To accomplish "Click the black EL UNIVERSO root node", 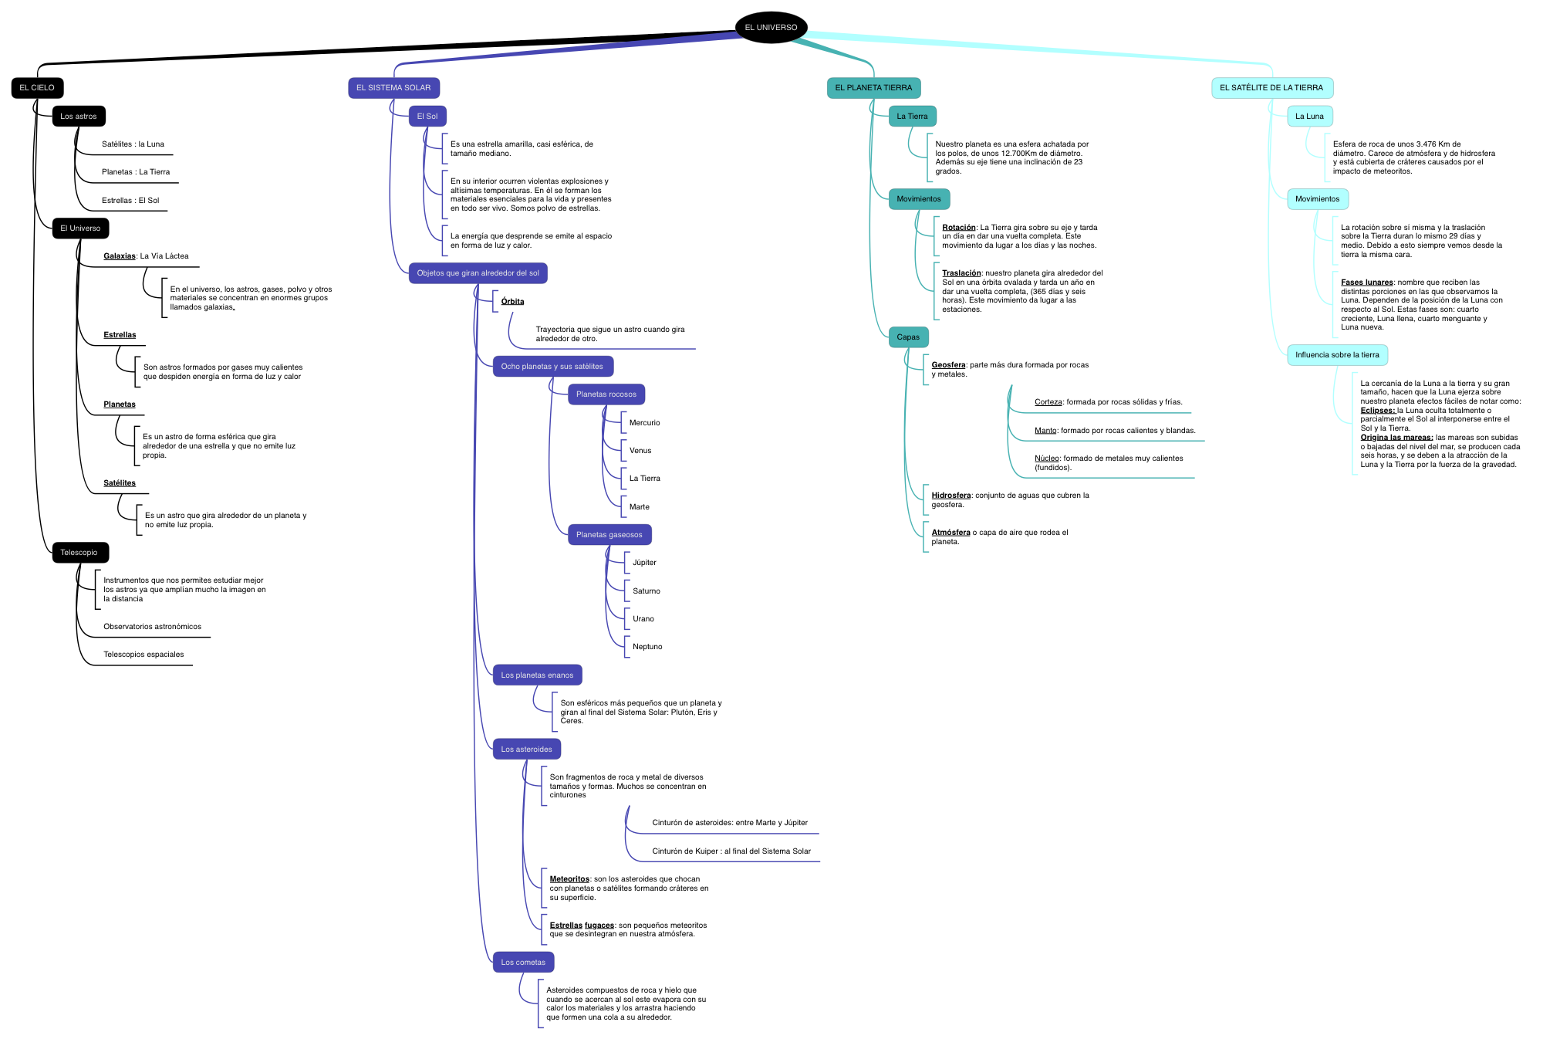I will click(x=771, y=28).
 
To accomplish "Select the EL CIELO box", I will click(x=37, y=88).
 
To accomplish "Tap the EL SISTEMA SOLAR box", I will click(x=393, y=88).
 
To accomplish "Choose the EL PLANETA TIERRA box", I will click(x=873, y=88).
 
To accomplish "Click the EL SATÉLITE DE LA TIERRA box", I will click(x=1271, y=88).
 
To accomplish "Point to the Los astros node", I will click(x=79, y=117).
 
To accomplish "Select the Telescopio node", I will click(x=79, y=553).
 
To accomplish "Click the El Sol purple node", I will click(x=427, y=117).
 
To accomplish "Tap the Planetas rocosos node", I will click(x=606, y=394).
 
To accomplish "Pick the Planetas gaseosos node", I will click(x=609, y=535).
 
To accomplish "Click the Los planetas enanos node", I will click(x=537, y=675).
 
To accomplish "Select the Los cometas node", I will click(x=523, y=963).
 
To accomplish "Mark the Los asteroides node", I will click(x=527, y=750).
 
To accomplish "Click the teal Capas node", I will click(x=908, y=337).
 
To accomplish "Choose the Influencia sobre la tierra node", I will click(x=1337, y=355).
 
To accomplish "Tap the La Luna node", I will click(x=1309, y=117).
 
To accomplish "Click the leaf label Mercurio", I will click(x=644, y=423).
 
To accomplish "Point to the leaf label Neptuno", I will click(x=647, y=647).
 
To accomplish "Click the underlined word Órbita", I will click(x=512, y=302).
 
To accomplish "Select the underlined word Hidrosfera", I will click(x=950, y=496).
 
